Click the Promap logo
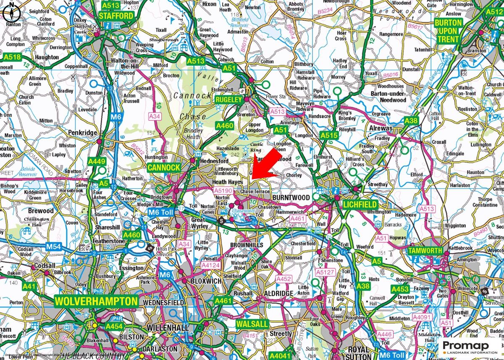[x=466, y=347]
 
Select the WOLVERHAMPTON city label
[x=96, y=301]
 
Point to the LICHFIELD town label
[x=360, y=205]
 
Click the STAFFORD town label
[x=116, y=16]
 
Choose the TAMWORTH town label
[x=425, y=251]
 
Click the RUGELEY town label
[x=229, y=100]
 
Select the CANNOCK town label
[x=164, y=168]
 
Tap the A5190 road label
[x=222, y=190]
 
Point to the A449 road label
[x=96, y=161]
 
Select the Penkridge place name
[x=83, y=133]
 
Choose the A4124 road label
[x=210, y=266]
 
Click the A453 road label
[x=400, y=289]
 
